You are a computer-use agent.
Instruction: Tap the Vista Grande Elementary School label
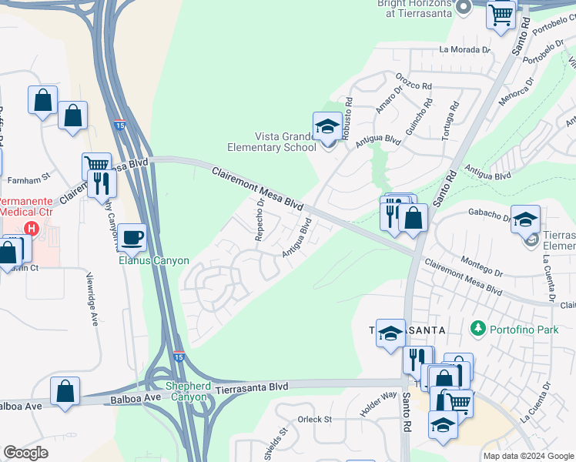272,142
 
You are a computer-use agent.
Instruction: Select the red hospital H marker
32,228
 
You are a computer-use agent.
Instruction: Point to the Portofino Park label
517,329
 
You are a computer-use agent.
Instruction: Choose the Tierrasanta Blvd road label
252,387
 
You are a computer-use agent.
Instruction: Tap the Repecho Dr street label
260,219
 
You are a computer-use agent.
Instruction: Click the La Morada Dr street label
465,49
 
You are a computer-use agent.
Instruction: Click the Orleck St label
314,420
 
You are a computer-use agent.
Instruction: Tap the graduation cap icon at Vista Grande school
327,126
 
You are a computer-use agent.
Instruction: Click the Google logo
25,453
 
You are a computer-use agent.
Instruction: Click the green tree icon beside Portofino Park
478,329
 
